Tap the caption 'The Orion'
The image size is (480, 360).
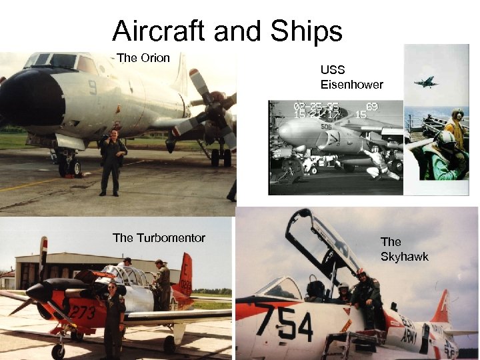tap(143, 58)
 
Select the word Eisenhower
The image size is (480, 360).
tap(351, 85)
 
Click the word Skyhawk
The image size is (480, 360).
tap(404, 257)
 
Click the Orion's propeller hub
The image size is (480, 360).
tap(215, 113)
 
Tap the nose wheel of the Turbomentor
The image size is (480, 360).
tap(59, 350)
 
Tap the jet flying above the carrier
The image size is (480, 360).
tap(426, 82)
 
